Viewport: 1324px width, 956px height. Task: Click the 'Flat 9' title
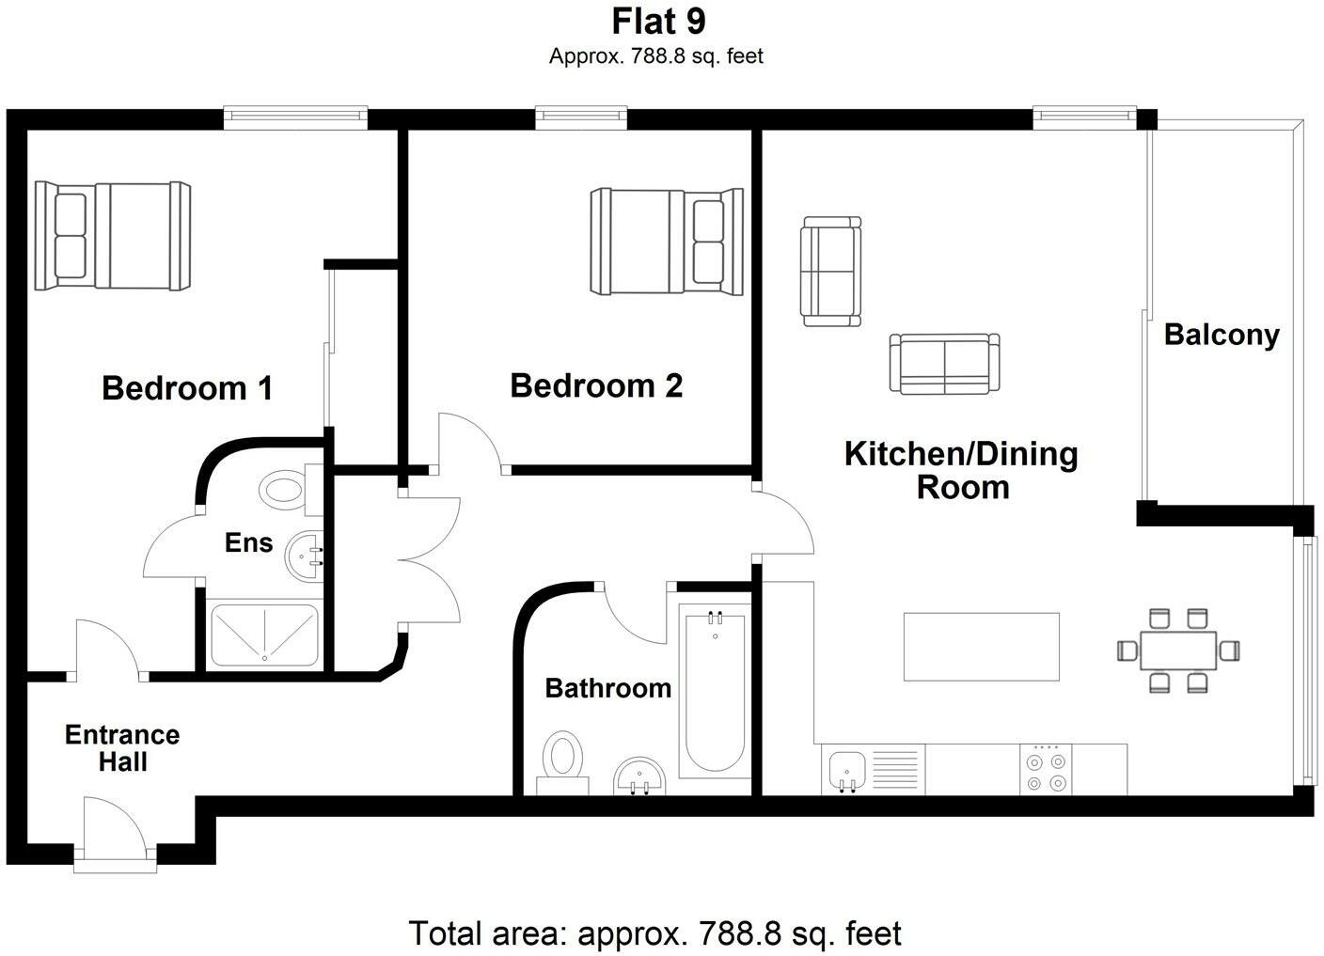(658, 21)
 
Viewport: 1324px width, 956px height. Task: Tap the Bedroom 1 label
(187, 388)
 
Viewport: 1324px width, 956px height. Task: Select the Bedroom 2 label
(596, 385)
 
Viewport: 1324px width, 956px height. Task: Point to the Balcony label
(1221, 335)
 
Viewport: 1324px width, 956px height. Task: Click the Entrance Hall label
(122, 747)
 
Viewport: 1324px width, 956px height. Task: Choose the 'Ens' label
(248, 542)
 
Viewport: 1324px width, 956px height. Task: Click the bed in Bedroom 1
(113, 235)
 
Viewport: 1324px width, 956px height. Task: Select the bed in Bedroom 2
(667, 242)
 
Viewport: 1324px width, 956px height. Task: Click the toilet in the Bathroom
(562, 760)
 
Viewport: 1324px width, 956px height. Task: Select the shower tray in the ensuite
(263, 636)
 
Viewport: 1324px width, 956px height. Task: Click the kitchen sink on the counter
(848, 769)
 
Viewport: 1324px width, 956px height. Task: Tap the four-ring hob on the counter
(1046, 770)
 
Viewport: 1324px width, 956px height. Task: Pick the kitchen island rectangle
(981, 646)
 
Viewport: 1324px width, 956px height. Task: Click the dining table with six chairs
(1177, 650)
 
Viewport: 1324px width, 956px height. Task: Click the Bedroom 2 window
(580, 117)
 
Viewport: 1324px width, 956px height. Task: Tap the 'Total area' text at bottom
(654, 933)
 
